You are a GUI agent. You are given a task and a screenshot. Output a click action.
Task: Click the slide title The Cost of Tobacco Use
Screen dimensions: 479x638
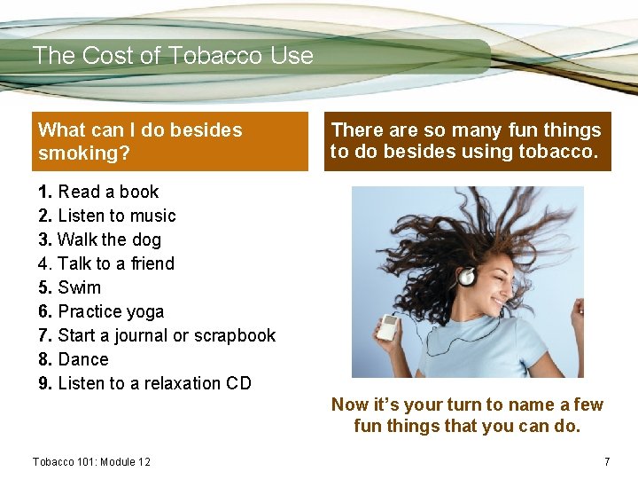(x=173, y=56)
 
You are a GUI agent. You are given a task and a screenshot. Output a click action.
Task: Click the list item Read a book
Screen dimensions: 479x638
(x=98, y=192)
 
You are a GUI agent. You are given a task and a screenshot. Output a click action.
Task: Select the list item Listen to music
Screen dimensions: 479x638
(x=107, y=216)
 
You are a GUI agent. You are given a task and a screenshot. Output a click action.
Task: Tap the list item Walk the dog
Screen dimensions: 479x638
(x=100, y=239)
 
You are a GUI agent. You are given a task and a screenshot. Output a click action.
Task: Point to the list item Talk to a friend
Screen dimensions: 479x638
(x=106, y=263)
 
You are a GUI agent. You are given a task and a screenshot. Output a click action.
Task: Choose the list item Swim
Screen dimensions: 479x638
(x=70, y=287)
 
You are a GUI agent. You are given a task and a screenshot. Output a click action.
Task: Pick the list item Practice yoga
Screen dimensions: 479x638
(x=101, y=311)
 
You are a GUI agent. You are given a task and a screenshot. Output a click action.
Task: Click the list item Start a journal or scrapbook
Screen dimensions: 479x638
(x=157, y=335)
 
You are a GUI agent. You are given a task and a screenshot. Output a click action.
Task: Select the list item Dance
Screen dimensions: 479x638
(x=74, y=359)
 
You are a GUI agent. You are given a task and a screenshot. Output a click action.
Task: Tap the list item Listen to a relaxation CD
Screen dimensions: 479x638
(x=144, y=383)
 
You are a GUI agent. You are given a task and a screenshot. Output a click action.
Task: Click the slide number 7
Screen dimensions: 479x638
(x=607, y=462)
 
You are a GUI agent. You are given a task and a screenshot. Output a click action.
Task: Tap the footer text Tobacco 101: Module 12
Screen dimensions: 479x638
(x=91, y=462)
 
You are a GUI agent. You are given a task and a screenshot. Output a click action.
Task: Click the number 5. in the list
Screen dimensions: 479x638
(x=46, y=287)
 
